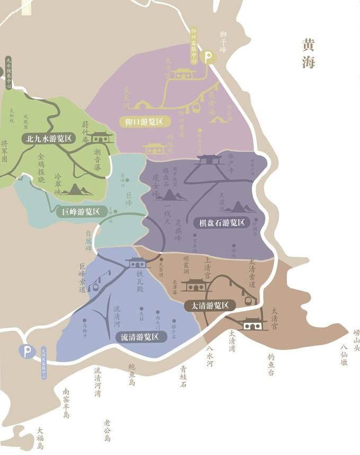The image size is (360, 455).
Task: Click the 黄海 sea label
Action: [309, 53]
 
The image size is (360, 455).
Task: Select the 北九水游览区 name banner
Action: [49, 139]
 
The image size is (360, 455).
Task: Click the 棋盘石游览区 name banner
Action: [222, 222]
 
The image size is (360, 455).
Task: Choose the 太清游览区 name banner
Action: [210, 306]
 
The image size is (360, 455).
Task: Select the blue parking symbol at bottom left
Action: [26, 351]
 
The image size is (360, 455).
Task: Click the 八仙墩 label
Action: [344, 355]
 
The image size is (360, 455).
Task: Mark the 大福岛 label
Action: [40, 435]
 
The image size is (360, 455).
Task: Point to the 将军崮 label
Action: [5, 151]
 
